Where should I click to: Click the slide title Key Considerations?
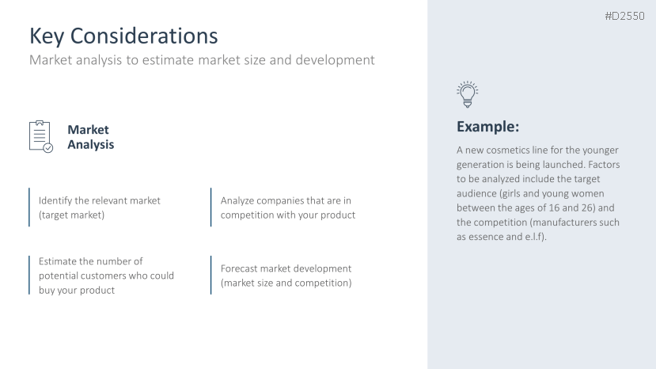point(123,36)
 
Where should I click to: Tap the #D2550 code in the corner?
point(624,16)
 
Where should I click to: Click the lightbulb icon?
point(468,94)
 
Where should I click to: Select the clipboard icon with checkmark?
point(41,136)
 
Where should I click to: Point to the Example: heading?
point(487,127)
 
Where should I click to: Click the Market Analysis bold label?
point(90,137)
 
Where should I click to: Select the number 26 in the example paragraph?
point(589,207)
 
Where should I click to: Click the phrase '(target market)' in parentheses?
point(71,215)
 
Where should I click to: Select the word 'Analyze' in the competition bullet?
point(237,200)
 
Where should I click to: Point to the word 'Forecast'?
point(239,268)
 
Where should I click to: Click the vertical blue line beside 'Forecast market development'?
point(210,276)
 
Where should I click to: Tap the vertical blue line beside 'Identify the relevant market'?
point(29,207)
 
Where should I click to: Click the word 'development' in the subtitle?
point(335,60)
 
